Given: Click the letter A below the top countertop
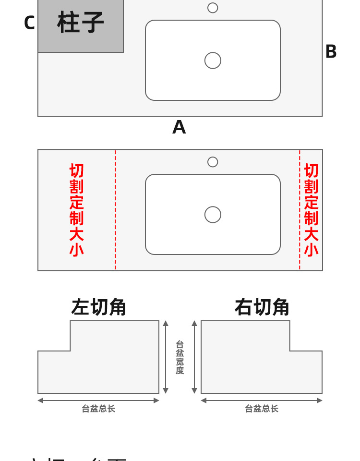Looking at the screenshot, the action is [179, 127].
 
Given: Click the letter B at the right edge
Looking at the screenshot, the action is [331, 52].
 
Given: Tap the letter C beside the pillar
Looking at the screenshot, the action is [29, 23].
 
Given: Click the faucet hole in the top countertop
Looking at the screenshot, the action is [213, 8].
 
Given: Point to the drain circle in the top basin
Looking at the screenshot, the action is [213, 61].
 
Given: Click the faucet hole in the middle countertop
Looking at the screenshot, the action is [213, 162].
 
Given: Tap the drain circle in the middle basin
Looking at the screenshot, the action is [213, 215].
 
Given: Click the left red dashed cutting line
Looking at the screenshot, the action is [115, 210].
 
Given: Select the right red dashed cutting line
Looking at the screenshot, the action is [300, 210].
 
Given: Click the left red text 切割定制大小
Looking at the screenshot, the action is [76, 210].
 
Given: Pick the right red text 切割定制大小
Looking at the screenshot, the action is [311, 210].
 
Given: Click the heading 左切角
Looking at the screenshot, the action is [98, 307].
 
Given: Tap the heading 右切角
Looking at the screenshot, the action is [262, 307].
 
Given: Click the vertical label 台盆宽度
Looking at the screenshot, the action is [180, 357].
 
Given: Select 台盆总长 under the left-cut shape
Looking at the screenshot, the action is [98, 409].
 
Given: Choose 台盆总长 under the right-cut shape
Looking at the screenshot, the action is [262, 409].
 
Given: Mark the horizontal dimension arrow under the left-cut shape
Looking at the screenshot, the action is [98, 400].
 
